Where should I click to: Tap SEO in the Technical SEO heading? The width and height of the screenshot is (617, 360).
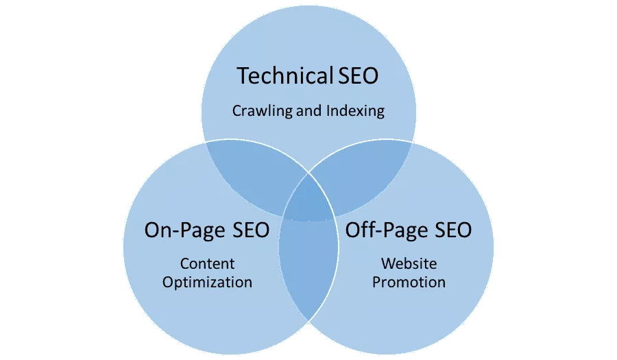(358, 76)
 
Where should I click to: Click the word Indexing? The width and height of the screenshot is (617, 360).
(354, 110)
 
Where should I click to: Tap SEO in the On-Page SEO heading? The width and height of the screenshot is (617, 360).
(247, 230)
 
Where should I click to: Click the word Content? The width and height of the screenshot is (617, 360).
(207, 263)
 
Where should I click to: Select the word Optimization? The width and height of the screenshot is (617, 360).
(207, 282)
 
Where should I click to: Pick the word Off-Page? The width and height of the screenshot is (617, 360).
(385, 230)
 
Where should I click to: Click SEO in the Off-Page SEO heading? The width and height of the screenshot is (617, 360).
(449, 230)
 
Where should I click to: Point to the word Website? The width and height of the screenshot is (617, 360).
(409, 263)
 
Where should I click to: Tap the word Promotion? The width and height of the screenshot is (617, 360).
(409, 282)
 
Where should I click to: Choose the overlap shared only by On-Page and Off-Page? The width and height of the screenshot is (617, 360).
(308, 274)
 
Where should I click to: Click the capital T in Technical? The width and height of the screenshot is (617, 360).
(243, 76)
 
